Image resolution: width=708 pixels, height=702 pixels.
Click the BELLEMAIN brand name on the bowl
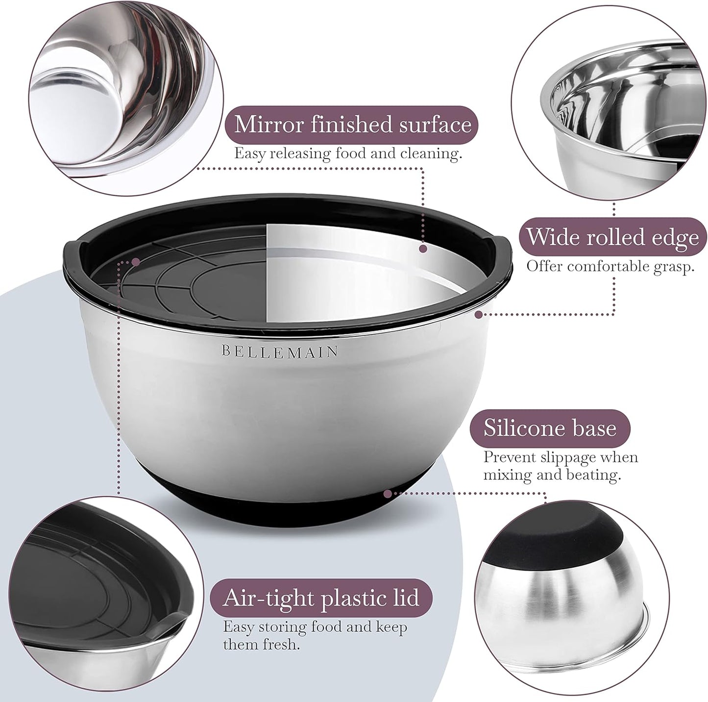click(279, 351)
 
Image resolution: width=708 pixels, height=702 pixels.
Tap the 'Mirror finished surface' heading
click(352, 124)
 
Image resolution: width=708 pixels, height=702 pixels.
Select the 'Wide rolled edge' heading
click(612, 237)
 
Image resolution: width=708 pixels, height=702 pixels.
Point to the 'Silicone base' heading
click(550, 428)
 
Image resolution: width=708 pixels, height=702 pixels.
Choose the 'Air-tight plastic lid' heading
click(321, 599)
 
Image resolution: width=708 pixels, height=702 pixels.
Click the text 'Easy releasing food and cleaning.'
click(348, 153)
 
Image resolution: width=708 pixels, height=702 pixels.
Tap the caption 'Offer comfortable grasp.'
click(610, 267)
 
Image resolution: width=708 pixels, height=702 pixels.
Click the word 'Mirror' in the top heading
click(269, 124)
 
